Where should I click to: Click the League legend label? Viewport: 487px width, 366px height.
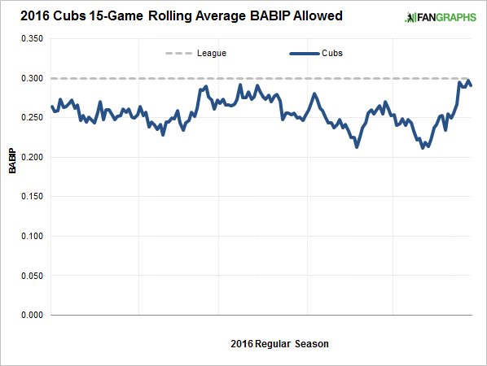211,53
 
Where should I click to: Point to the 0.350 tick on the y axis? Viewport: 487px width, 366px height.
29,39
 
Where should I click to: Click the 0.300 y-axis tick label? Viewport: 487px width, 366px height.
29,79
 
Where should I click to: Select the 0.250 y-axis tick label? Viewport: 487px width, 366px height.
29,118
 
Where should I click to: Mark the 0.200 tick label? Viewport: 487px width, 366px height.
29,158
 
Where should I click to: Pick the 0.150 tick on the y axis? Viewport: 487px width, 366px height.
29,197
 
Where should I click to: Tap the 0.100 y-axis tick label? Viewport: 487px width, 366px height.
29,237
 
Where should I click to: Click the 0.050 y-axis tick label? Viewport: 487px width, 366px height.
29,276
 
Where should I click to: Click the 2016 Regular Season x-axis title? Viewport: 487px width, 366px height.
279,344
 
